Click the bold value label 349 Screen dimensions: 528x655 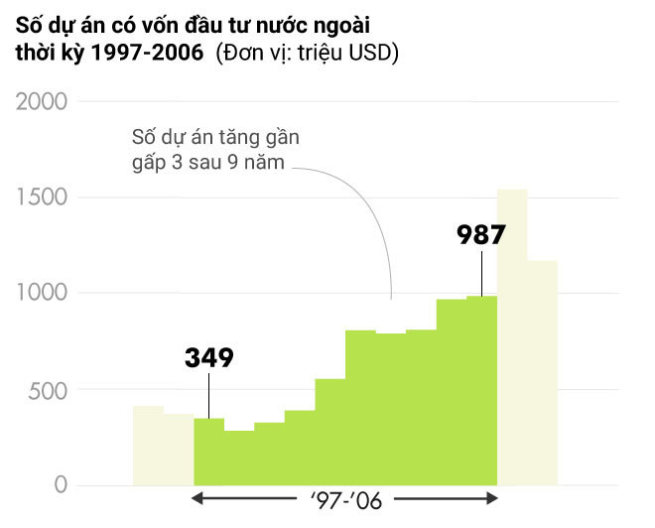208,357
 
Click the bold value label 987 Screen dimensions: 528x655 481,235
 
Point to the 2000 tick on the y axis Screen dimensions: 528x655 43,102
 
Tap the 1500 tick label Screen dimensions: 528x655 43,198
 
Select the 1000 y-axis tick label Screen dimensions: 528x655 43,294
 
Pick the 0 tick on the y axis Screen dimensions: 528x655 61,485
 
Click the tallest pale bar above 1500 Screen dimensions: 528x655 512,337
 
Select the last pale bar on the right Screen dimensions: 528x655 542,373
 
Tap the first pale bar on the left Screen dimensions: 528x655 148,446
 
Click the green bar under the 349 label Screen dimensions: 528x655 208,452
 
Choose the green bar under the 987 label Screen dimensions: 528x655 481,391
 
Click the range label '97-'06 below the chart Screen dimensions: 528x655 344,499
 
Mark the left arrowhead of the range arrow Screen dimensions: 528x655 198,498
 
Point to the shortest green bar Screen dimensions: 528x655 238,458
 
